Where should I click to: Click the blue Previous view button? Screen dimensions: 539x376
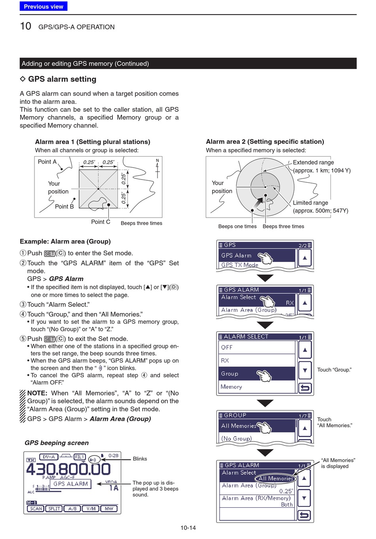(44, 6)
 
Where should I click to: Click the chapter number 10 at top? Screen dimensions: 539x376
(25, 26)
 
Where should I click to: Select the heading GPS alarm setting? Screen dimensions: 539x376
(62, 79)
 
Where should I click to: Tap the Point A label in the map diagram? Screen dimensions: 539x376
(47, 162)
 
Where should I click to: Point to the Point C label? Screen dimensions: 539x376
(101, 222)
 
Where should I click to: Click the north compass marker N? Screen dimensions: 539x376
(157, 161)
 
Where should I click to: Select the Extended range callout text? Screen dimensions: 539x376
(313, 162)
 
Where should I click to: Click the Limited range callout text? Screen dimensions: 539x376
(310, 203)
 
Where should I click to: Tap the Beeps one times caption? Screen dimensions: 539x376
(237, 226)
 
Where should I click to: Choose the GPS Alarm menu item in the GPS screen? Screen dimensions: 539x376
(237, 255)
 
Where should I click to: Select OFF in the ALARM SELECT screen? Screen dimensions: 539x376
(227, 347)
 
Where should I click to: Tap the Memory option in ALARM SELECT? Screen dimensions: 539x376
(232, 387)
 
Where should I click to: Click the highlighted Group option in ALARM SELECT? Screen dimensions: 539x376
(230, 373)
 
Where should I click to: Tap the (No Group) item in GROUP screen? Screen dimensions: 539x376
(237, 438)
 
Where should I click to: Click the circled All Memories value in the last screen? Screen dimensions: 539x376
(275, 478)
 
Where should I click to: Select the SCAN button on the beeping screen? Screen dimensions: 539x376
(36, 508)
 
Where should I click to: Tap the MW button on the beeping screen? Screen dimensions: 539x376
(109, 508)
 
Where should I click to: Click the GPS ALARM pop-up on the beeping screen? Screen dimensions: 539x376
(70, 484)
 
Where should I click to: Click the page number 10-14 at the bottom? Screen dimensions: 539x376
(188, 528)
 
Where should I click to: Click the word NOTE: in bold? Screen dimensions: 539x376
(37, 393)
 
